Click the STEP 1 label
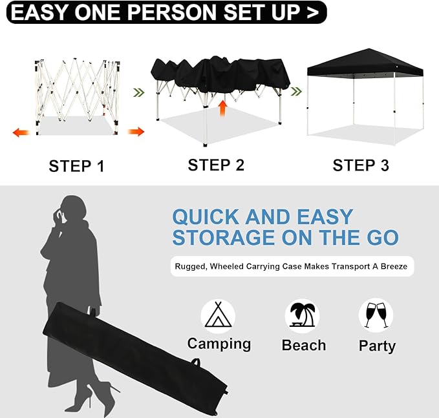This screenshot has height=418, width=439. click(x=76, y=166)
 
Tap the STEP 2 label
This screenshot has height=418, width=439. click(x=216, y=165)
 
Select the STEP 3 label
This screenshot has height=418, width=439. click(x=361, y=165)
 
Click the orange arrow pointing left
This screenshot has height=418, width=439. click(x=21, y=132)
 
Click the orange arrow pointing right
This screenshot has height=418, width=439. click(x=136, y=132)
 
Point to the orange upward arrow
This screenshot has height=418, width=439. click(x=223, y=108)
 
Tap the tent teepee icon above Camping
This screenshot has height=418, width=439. click(x=218, y=315)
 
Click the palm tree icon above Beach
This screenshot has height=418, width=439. click(x=303, y=315)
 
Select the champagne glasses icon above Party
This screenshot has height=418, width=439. click(x=376, y=315)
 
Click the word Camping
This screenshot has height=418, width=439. click(x=219, y=344)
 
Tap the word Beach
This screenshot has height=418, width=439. click(x=304, y=345)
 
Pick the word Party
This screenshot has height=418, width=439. click(x=377, y=346)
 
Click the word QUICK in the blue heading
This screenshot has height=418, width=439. click(x=206, y=217)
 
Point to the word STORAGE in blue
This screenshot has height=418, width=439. click(x=224, y=238)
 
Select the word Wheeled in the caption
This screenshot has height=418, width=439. click(x=226, y=266)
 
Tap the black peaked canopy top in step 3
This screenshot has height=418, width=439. click(x=365, y=63)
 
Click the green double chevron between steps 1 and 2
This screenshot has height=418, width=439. click(x=139, y=92)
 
